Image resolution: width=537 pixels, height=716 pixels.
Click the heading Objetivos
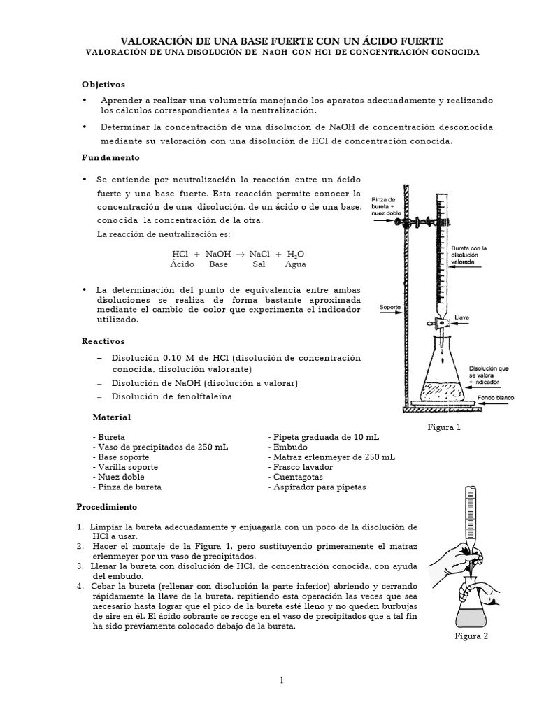click(x=103, y=84)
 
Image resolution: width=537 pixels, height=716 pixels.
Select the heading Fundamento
click(x=110, y=157)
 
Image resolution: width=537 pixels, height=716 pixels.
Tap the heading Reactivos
click(x=103, y=341)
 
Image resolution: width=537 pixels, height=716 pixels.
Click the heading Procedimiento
click(x=106, y=506)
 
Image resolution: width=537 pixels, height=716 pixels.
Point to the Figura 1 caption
click(x=445, y=427)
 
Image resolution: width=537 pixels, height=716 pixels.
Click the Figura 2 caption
click(x=471, y=636)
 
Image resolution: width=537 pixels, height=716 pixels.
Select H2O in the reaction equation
click(x=296, y=255)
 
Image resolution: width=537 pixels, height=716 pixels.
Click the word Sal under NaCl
click(x=259, y=265)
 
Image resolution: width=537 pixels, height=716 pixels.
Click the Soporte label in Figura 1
click(x=390, y=306)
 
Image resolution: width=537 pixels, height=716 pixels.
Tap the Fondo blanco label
click(x=496, y=398)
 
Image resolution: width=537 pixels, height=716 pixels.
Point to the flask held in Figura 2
click(x=471, y=610)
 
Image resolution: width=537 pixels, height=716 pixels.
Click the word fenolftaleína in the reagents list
click(x=201, y=396)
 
